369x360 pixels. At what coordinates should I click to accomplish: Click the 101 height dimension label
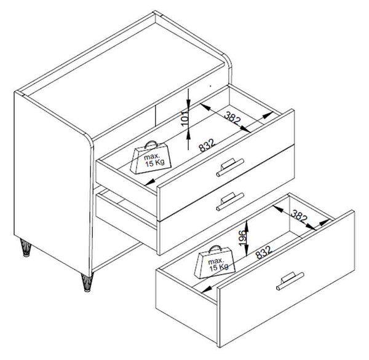(185, 119)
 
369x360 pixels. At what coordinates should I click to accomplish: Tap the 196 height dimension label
(243, 238)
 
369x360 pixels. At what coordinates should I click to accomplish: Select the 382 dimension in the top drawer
(232, 119)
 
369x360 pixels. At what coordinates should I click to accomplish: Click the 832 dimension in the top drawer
(207, 146)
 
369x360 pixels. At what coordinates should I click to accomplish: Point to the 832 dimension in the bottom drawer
(264, 252)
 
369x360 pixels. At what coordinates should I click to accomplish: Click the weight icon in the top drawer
(151, 157)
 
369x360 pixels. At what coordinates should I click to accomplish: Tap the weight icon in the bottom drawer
(215, 262)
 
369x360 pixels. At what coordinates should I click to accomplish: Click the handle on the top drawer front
(230, 167)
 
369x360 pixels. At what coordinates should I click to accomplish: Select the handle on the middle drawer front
(230, 202)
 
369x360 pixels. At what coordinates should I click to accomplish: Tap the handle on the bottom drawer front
(290, 281)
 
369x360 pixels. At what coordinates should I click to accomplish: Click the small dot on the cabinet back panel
(210, 85)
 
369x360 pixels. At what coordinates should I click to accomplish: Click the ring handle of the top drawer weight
(151, 144)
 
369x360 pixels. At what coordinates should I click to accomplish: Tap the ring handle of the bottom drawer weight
(215, 249)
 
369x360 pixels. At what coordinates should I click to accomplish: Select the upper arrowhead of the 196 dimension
(247, 225)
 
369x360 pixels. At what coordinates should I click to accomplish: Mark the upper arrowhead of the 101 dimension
(188, 103)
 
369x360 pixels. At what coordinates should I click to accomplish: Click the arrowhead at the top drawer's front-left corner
(150, 182)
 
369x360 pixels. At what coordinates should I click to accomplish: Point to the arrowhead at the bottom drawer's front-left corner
(207, 289)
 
